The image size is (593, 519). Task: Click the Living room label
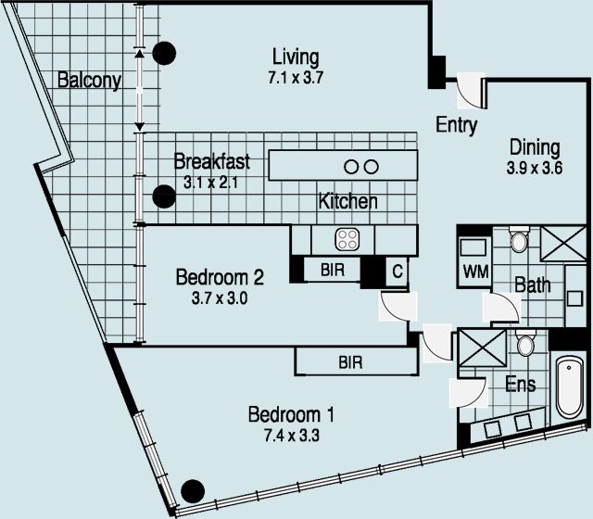pos(295,56)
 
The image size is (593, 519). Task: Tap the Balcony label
pos(89,81)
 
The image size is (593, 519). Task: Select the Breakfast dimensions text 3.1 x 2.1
pos(211,183)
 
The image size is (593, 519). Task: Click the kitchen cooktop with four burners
pos(347,240)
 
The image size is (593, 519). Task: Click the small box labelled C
pos(397,271)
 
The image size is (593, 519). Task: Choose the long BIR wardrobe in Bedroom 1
pos(349,361)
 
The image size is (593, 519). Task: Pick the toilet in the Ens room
pos(525,346)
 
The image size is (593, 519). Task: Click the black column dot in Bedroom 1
pos(193,490)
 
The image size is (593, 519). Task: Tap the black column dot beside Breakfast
pos(164,196)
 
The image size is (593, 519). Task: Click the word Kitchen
pos(347,201)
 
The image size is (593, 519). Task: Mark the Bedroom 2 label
pos(221,276)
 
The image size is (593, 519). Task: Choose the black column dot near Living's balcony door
pos(164,53)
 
